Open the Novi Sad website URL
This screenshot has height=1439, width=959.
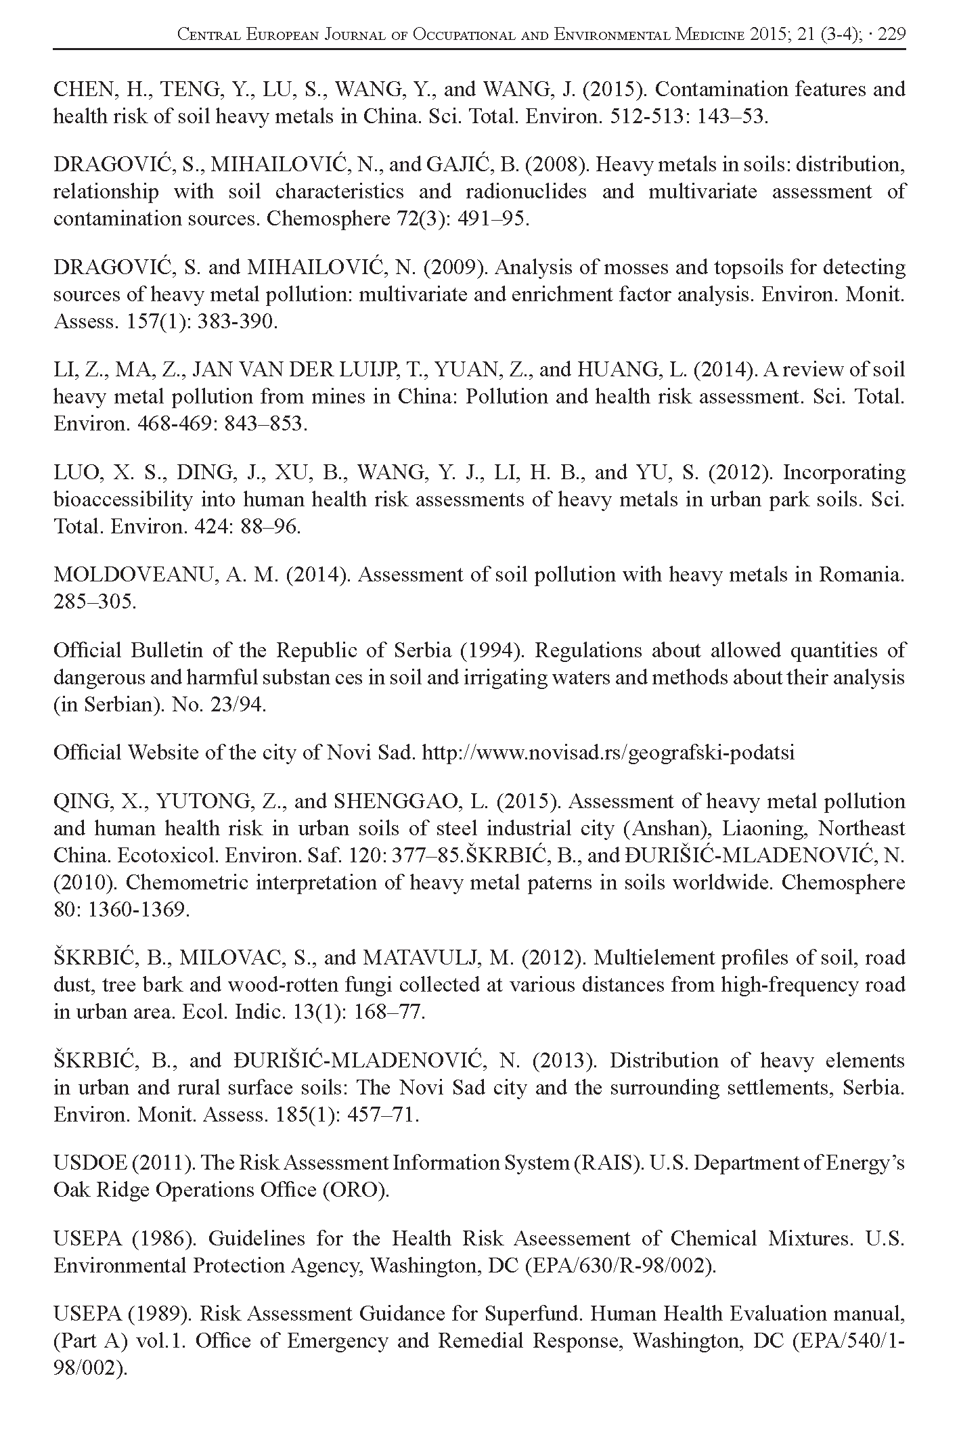click(x=608, y=753)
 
